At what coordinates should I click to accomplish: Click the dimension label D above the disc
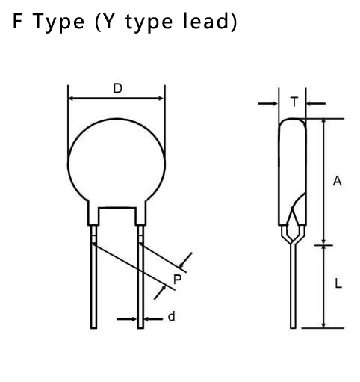pos(118,88)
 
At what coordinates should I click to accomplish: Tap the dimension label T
pos(294,102)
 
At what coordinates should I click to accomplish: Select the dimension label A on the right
pos(338,181)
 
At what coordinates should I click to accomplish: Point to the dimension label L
pos(338,283)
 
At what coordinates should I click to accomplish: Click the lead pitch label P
pos(177,280)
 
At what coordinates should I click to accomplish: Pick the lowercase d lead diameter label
pos(171,316)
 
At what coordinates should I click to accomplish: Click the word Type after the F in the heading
pos(58,22)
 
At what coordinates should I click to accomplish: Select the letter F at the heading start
pos(17,22)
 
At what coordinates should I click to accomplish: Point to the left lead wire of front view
pos(93,277)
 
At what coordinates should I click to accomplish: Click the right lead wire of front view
pos(140,277)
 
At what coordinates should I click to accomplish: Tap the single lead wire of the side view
pos(294,286)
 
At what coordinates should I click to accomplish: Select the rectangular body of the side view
pos(292,172)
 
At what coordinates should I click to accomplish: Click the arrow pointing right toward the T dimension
pos(268,103)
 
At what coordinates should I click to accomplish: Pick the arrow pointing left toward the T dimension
pos(316,103)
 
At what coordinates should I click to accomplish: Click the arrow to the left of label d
pos(127,319)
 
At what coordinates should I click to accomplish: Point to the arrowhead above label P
pos(181,264)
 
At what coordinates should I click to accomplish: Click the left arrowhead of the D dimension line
pos(71,99)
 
